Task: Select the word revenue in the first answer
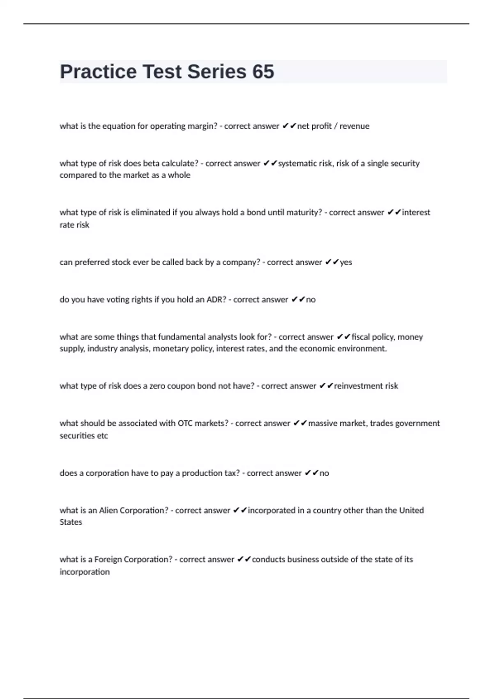(354, 126)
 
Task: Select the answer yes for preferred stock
(346, 262)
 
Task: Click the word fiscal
(361, 337)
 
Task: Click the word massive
(322, 424)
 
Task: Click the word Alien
(108, 510)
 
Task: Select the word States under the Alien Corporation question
(71, 522)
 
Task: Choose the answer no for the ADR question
(311, 300)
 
